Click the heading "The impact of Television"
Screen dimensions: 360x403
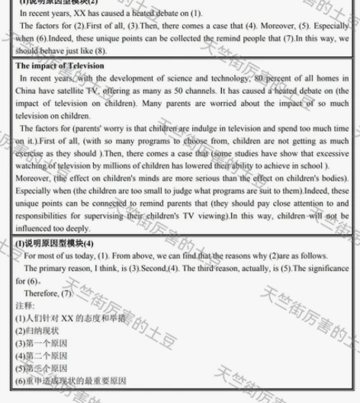(x=60, y=66)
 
